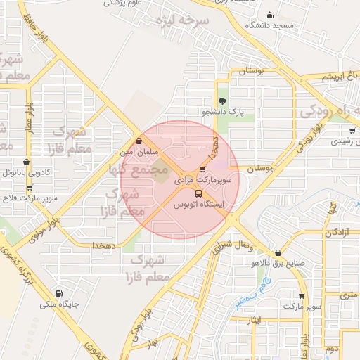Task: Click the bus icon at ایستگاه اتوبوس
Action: (198, 193)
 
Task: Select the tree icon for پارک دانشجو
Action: (223, 101)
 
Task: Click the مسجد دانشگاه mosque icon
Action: (269, 15)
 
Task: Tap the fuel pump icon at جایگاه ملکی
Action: (58, 294)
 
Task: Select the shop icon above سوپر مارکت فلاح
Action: (29, 188)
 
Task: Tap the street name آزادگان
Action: (337, 231)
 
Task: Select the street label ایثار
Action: (254, 320)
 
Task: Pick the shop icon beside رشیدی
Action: (351, 130)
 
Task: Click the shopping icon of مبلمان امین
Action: (139, 141)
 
